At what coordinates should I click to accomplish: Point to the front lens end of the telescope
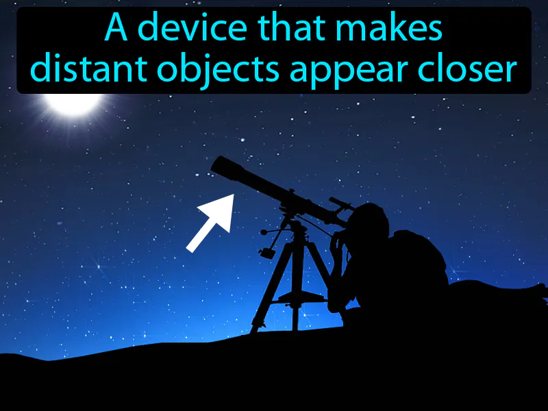(221, 166)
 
